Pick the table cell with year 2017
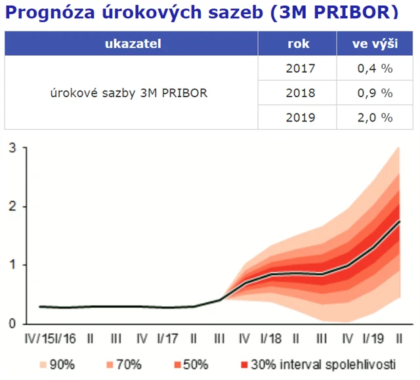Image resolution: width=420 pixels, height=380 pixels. pyautogui.click(x=301, y=68)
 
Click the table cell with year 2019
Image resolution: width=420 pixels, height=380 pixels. pyautogui.click(x=301, y=117)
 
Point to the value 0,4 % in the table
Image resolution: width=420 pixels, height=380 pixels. pyautogui.click(x=375, y=68)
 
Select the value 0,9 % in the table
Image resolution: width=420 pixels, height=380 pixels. pyautogui.click(x=375, y=93)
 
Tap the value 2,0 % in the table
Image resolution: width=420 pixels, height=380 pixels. pyautogui.click(x=375, y=117)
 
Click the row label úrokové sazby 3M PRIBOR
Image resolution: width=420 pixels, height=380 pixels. pyautogui.click(x=129, y=93)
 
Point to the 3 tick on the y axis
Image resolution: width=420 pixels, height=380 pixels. pyautogui.click(x=12, y=148)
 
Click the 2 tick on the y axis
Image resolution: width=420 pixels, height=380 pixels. pyautogui.click(x=12, y=207)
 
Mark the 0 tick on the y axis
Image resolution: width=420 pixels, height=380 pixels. pyautogui.click(x=12, y=324)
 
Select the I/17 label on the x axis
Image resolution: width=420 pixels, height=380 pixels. pyautogui.click(x=167, y=339)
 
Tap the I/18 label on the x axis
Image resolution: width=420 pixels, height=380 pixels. pyautogui.click(x=270, y=339)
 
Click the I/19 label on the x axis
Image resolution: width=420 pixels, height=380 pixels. pyautogui.click(x=373, y=339)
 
